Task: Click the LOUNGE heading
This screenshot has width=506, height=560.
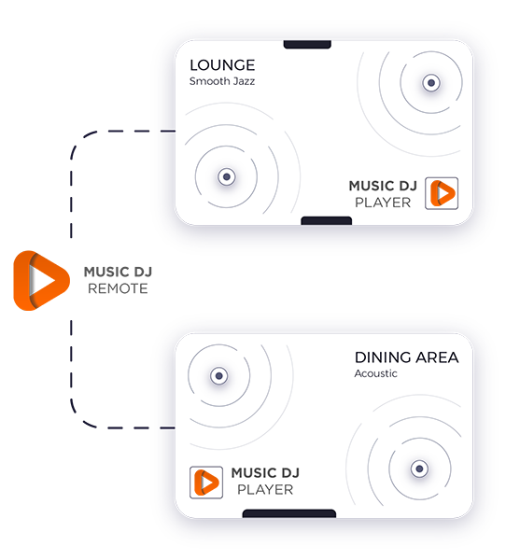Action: (222, 65)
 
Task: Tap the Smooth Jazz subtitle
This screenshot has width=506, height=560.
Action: (222, 81)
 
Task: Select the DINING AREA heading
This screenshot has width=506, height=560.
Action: (407, 357)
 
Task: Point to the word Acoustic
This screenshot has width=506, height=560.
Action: (375, 373)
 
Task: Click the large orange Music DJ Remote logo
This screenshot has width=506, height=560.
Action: (41, 281)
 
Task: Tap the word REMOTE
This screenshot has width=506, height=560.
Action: (118, 288)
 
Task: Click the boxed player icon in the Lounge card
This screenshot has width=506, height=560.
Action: (442, 193)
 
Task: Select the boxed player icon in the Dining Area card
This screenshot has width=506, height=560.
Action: (206, 483)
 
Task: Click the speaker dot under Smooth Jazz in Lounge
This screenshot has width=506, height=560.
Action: (227, 176)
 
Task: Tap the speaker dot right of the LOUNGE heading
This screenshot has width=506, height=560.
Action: (431, 83)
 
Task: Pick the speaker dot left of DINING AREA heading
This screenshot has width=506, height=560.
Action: (219, 376)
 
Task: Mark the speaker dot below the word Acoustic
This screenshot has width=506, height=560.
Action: (419, 469)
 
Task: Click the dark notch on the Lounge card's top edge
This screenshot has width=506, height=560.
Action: (307, 44)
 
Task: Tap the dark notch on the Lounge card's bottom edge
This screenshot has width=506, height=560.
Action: (326, 220)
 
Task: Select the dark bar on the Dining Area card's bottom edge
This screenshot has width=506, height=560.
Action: (289, 513)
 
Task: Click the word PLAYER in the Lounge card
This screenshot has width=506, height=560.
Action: (383, 203)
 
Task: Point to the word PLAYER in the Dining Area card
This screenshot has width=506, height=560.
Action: (265, 490)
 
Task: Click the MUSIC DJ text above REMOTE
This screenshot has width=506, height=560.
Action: (118, 273)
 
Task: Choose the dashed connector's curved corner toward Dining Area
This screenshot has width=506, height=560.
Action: (79, 418)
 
